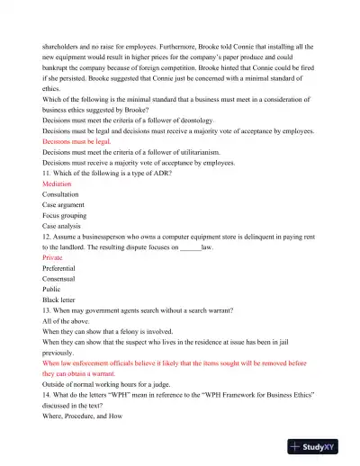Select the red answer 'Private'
pos(54,257)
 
